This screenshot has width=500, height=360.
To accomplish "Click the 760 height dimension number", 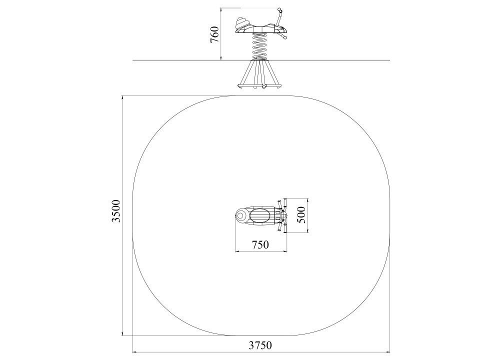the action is point(214,34).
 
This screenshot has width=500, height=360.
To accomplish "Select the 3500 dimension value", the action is point(116,211).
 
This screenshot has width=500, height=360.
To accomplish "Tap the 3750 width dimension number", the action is point(260,345).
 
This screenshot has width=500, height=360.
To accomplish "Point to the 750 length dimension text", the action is point(260,244).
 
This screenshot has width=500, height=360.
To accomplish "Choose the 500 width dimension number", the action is point(301,215).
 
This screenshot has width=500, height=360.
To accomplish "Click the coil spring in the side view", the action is point(260,46).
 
